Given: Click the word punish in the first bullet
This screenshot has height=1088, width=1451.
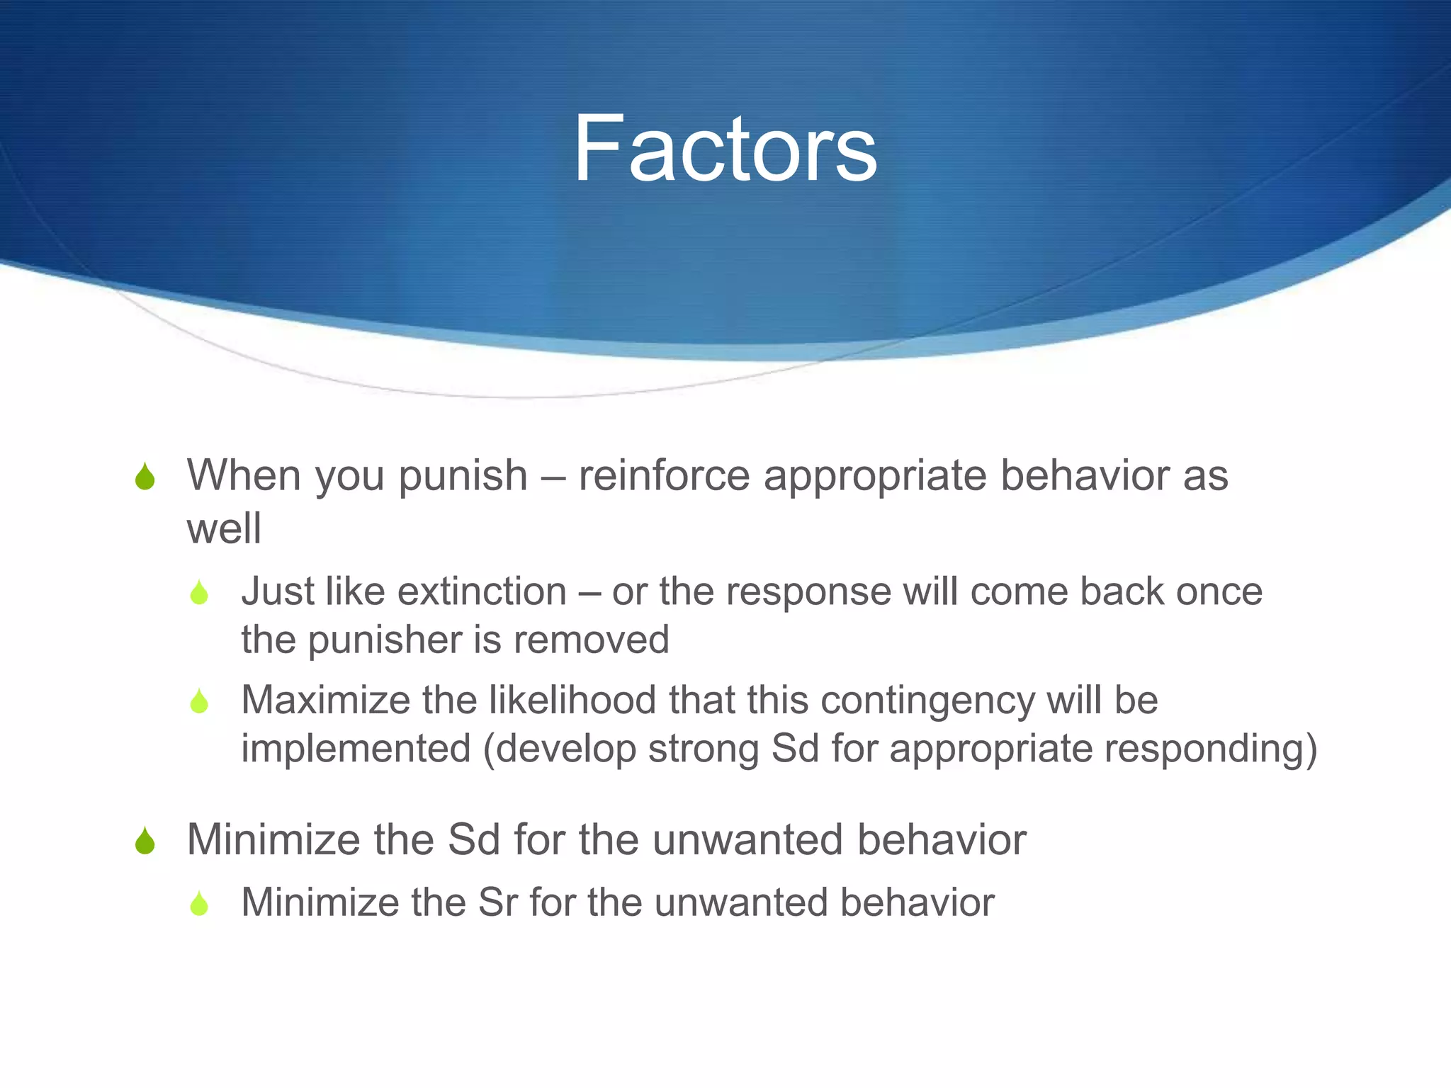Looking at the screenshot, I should coord(463,476).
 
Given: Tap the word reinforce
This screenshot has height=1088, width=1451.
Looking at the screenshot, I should coord(663,475).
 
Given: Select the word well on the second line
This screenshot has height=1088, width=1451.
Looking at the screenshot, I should coord(224,528).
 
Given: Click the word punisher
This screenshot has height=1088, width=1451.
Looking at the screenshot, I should coord(384,640).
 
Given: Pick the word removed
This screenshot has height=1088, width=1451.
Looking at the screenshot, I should coord(591,640).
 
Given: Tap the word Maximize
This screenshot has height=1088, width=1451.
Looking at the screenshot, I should coord(326,700).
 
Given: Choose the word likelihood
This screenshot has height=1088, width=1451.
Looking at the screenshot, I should coord(572,700).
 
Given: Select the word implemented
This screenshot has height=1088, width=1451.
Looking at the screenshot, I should coord(356,749).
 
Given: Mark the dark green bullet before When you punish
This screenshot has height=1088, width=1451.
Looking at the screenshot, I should coord(145,477).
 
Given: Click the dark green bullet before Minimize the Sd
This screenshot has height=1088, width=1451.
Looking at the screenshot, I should coord(145,841).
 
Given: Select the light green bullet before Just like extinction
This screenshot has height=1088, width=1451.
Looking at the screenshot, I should coord(199,593).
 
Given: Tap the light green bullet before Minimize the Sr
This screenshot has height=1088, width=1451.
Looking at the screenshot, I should coord(199,904).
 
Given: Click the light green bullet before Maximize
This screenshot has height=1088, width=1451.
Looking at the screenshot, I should coord(199,701).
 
